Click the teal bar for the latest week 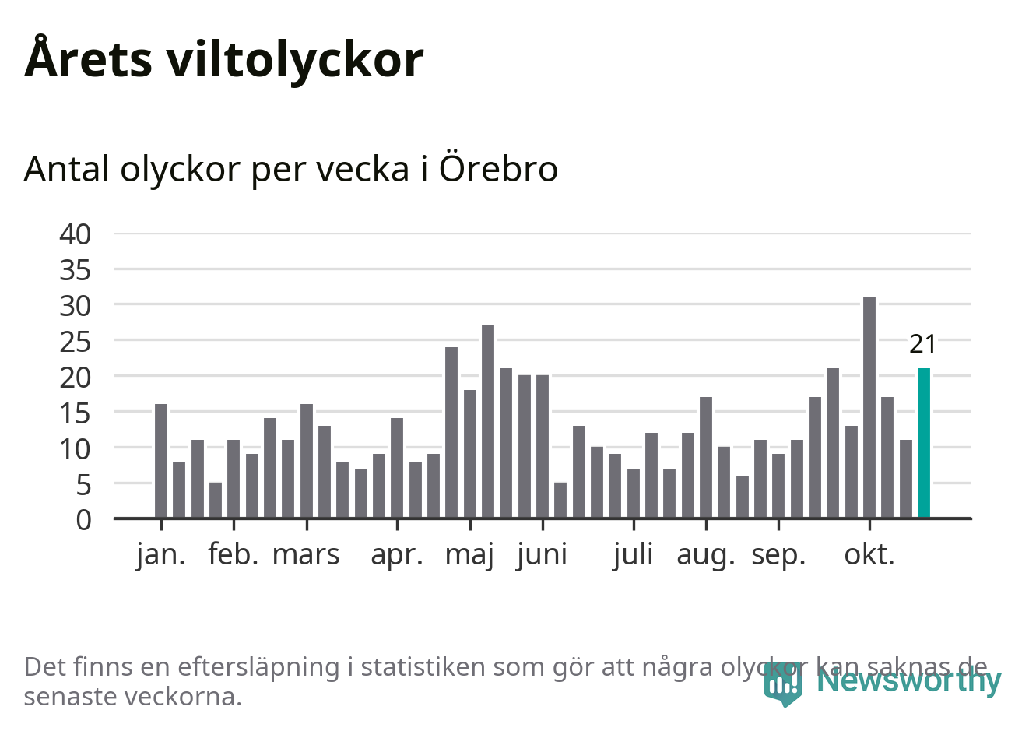coord(924,443)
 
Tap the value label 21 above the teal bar coord(923,344)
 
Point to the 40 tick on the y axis coord(76,234)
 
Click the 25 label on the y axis coord(76,341)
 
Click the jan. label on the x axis coord(161,555)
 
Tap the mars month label coord(306,555)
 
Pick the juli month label coord(633,555)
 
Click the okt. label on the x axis coord(869,555)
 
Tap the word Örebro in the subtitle coord(498,169)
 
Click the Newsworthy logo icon coord(782,684)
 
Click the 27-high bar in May coord(488,421)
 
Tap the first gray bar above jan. coord(161,461)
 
